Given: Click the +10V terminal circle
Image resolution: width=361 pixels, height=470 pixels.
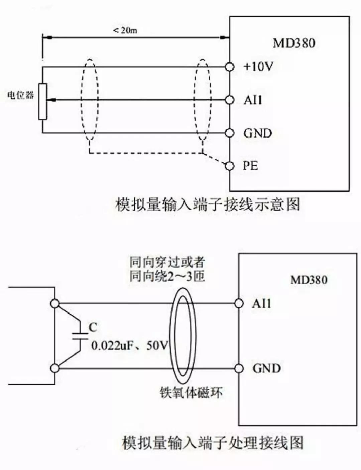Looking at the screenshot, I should (x=229, y=67).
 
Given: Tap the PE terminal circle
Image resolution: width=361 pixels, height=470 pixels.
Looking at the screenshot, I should (x=229, y=166).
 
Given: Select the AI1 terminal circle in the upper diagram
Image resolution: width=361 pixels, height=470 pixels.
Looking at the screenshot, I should (x=229, y=100).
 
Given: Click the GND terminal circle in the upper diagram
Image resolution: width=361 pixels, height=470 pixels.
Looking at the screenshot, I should (x=229, y=133).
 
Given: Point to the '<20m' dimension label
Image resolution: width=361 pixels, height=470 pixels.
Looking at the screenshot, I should (x=125, y=30).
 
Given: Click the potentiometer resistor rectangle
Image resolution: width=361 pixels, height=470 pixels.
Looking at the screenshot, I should (x=42, y=101).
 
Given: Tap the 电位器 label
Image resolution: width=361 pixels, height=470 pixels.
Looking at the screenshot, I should (x=20, y=95).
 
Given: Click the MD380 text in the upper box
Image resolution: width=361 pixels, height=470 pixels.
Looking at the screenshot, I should (x=294, y=43).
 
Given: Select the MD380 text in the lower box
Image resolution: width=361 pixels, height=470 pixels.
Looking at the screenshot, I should (x=309, y=280).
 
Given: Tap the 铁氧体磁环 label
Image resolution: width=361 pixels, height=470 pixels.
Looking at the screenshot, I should (x=191, y=392).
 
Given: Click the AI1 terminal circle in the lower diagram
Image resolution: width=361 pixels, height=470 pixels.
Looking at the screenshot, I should (x=239, y=303).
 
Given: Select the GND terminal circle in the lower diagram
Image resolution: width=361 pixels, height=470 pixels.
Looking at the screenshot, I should (x=239, y=369).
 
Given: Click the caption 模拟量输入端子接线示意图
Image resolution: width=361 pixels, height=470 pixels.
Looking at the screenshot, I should (x=207, y=204).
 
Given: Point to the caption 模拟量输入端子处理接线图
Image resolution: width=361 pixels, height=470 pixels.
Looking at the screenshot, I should (x=213, y=443).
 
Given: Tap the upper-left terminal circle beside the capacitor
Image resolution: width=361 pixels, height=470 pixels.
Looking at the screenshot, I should (x=55, y=303).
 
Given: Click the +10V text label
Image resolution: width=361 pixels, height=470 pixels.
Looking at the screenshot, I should (x=258, y=67).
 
